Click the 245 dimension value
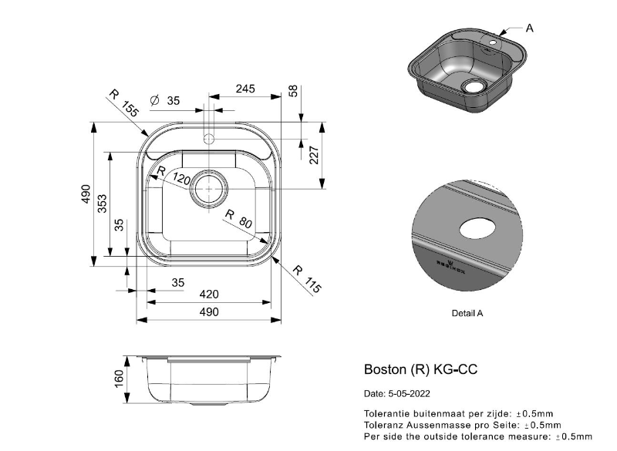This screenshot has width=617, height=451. (x=244, y=89)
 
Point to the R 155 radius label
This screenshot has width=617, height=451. (x=123, y=103)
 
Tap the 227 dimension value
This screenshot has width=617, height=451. (x=314, y=156)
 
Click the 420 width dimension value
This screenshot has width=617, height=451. (x=209, y=294)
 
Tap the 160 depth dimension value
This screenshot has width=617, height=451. (x=120, y=380)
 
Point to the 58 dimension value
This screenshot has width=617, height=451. (x=293, y=90)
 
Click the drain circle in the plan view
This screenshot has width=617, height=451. (x=209, y=187)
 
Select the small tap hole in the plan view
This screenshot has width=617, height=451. (x=207, y=140)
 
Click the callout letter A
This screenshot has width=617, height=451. (x=530, y=28)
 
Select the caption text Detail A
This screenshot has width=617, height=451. (x=467, y=314)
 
